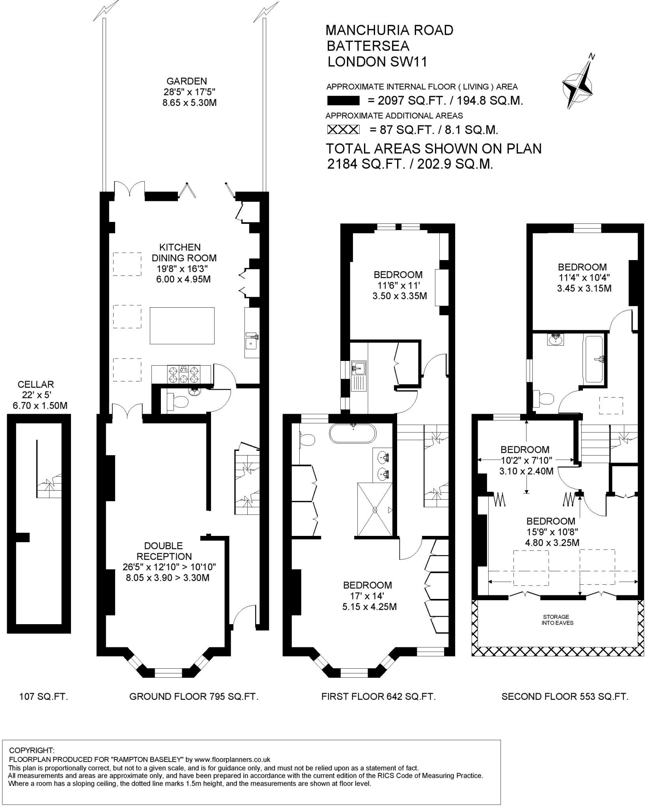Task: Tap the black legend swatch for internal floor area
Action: (343, 101)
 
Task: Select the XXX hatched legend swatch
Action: (344, 130)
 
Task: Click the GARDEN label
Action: (187, 81)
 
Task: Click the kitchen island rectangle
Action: (182, 326)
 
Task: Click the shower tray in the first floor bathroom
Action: (375, 509)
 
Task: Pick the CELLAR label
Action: (36, 384)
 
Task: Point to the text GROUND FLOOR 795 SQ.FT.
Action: (194, 708)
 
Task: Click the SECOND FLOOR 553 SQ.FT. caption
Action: (564, 708)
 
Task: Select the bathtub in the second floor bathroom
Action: (594, 359)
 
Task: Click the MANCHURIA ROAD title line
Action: (390, 30)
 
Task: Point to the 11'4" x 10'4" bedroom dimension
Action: (584, 277)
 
